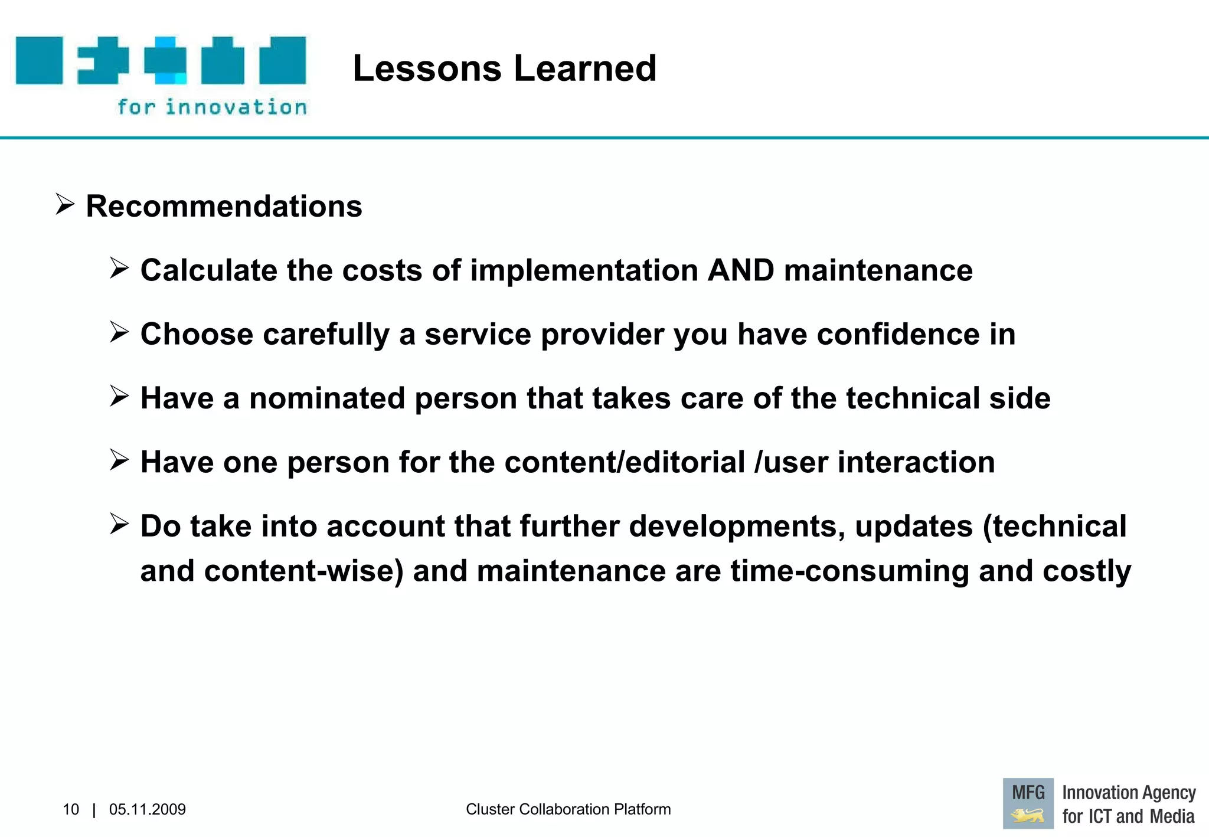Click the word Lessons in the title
[426, 68]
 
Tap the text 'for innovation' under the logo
[212, 107]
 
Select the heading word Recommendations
[224, 207]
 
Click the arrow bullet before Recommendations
[64, 204]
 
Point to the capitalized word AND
[740, 270]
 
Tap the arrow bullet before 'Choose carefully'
[119, 332]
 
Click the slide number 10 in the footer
[70, 809]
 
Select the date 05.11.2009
[147, 809]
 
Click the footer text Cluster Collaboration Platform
[568, 809]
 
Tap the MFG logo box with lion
[1028, 803]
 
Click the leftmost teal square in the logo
[39, 60]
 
